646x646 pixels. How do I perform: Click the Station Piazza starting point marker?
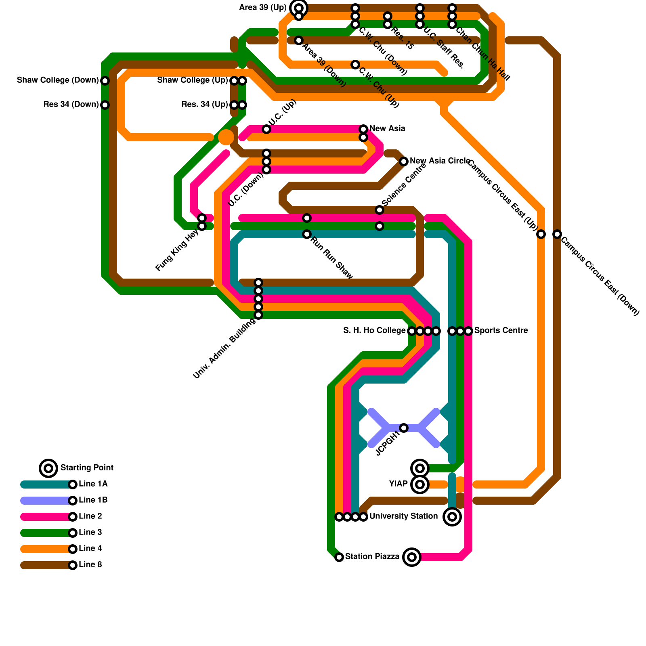click(412, 557)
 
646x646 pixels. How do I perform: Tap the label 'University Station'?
click(403, 516)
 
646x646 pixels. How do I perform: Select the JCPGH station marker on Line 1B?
click(404, 428)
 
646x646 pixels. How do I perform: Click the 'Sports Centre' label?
click(501, 331)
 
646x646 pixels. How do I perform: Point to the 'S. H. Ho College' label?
click(374, 331)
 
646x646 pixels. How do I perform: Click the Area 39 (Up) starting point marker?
click(299, 8)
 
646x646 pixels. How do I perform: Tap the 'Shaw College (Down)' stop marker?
click(105, 81)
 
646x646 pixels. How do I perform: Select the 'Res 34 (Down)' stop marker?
click(105, 105)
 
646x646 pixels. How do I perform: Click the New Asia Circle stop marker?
click(404, 161)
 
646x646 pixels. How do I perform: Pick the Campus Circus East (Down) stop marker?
click(557, 234)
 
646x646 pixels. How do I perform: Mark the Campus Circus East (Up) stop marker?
click(541, 234)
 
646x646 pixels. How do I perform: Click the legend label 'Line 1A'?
click(93, 484)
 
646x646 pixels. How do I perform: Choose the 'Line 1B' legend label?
click(93, 500)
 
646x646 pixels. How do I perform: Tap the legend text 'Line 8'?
click(90, 565)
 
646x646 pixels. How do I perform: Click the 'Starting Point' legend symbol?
click(48, 468)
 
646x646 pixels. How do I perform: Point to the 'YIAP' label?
click(399, 484)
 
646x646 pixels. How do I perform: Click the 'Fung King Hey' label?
click(177, 250)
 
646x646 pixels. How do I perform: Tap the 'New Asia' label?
click(387, 129)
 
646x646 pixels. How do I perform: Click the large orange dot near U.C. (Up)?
click(226, 137)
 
